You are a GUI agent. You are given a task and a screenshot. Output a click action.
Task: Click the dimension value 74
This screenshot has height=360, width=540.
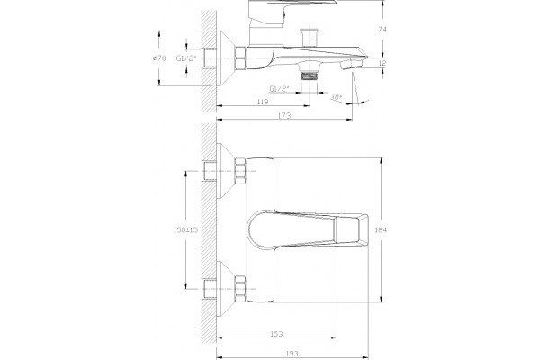point(382,30)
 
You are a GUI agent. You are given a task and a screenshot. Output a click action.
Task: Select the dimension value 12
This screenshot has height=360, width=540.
point(382,63)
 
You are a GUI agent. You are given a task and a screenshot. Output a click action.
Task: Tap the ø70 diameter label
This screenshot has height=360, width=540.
point(159,58)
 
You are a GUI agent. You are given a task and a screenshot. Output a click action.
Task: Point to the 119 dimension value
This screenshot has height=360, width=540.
point(263,102)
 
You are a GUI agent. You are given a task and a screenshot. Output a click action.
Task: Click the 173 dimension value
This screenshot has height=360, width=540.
point(284,115)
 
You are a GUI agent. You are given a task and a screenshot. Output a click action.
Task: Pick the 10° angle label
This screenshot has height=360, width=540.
point(336,97)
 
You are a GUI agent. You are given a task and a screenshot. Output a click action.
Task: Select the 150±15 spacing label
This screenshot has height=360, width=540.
point(185,229)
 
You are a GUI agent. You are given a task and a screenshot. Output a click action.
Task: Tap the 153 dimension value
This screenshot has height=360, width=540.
point(276,334)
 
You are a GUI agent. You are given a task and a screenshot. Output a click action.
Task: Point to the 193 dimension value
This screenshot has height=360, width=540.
point(292,354)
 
